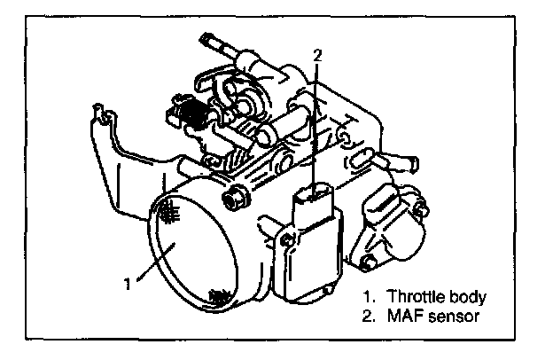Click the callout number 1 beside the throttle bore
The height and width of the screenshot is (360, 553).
[129, 284]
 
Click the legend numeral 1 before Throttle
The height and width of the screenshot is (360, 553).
[367, 295]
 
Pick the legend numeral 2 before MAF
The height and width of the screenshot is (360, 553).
[367, 314]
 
